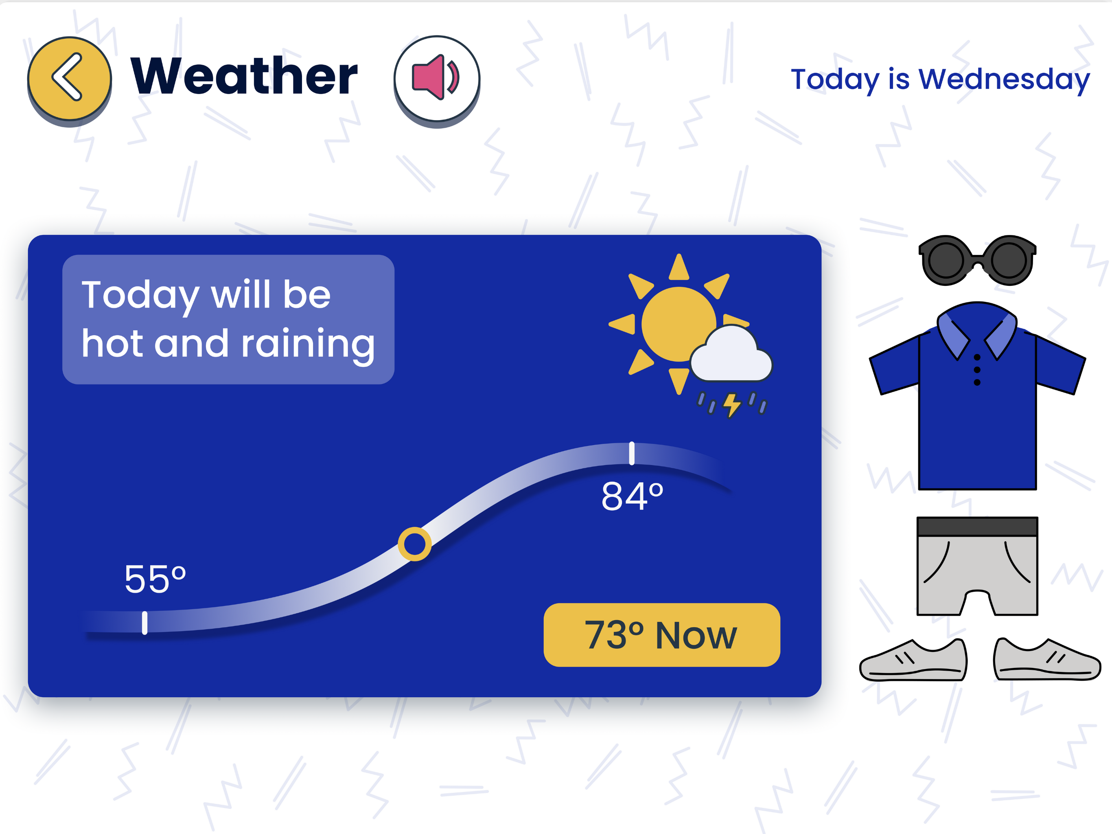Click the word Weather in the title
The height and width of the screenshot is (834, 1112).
[244, 75]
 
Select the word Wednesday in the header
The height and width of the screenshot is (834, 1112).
[1004, 79]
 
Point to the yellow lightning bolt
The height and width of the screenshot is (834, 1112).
[732, 405]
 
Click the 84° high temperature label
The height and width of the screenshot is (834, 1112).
[632, 496]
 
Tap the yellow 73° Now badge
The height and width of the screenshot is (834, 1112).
[661, 635]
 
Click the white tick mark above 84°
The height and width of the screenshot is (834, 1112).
[632, 454]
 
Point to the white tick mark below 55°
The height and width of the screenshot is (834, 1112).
[145, 623]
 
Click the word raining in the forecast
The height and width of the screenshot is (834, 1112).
[308, 345]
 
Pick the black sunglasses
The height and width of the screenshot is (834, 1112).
[977, 260]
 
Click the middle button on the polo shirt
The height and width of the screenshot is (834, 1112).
[977, 370]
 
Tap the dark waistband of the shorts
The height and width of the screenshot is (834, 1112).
[977, 527]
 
